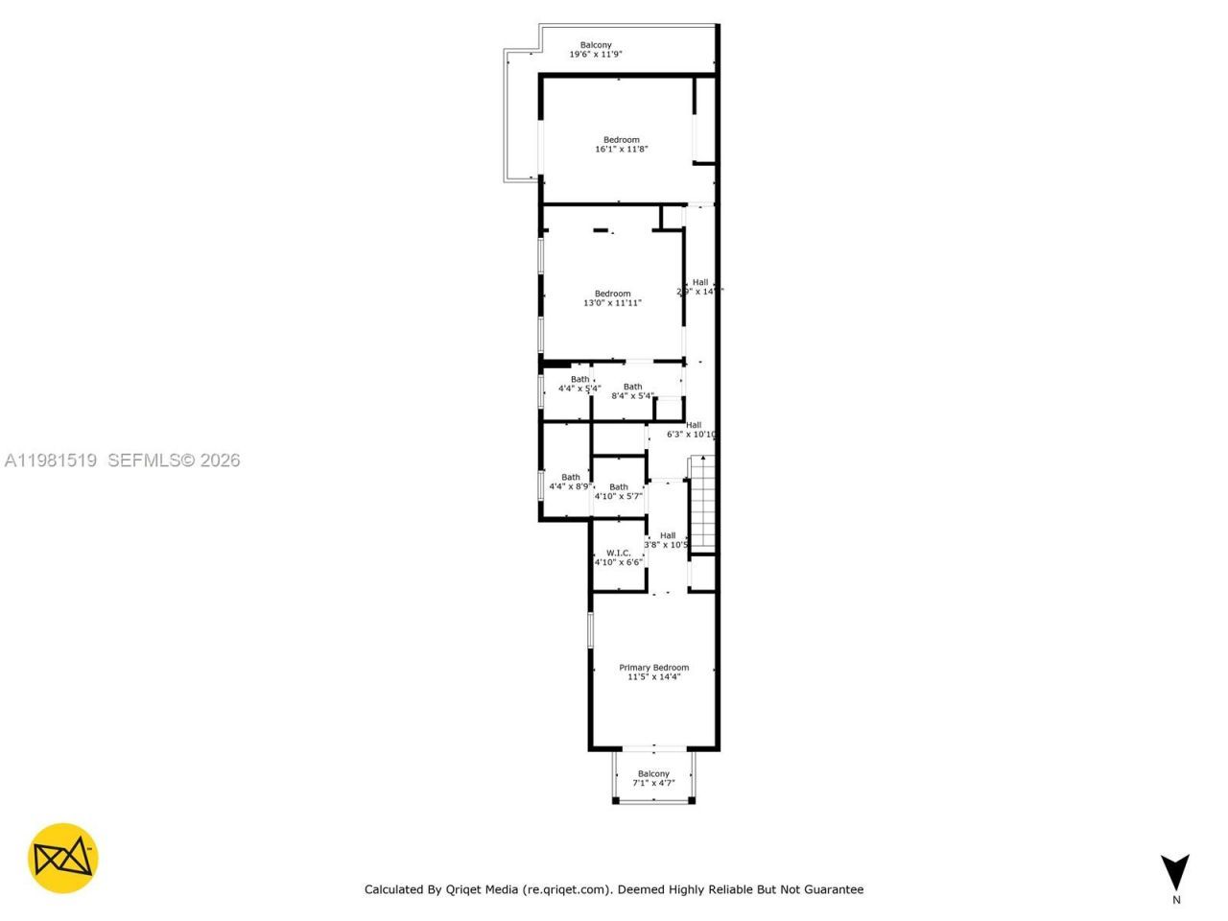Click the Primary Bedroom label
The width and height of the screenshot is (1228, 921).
653,668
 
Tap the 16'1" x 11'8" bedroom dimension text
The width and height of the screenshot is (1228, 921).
622,150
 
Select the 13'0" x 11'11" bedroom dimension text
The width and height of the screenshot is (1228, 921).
612,303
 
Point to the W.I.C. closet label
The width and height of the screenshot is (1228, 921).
618,553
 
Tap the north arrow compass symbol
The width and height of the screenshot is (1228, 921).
1174,871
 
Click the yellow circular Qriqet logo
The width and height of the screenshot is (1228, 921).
62,858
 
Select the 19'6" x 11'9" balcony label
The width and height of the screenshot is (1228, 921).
596,55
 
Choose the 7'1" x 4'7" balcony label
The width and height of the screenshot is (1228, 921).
653,783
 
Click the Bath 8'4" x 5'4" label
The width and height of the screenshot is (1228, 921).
632,391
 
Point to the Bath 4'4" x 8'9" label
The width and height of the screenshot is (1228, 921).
570,482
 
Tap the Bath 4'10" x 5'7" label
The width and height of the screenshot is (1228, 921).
619,491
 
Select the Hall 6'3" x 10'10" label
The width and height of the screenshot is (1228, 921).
692,430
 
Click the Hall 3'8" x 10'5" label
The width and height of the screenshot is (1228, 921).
667,540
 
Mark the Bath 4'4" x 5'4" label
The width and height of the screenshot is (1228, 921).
579,384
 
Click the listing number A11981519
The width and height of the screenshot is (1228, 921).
51,460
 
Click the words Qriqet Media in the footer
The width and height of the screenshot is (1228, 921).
483,889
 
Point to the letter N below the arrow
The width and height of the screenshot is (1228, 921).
1176,900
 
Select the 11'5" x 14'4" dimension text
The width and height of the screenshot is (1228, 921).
653,677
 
